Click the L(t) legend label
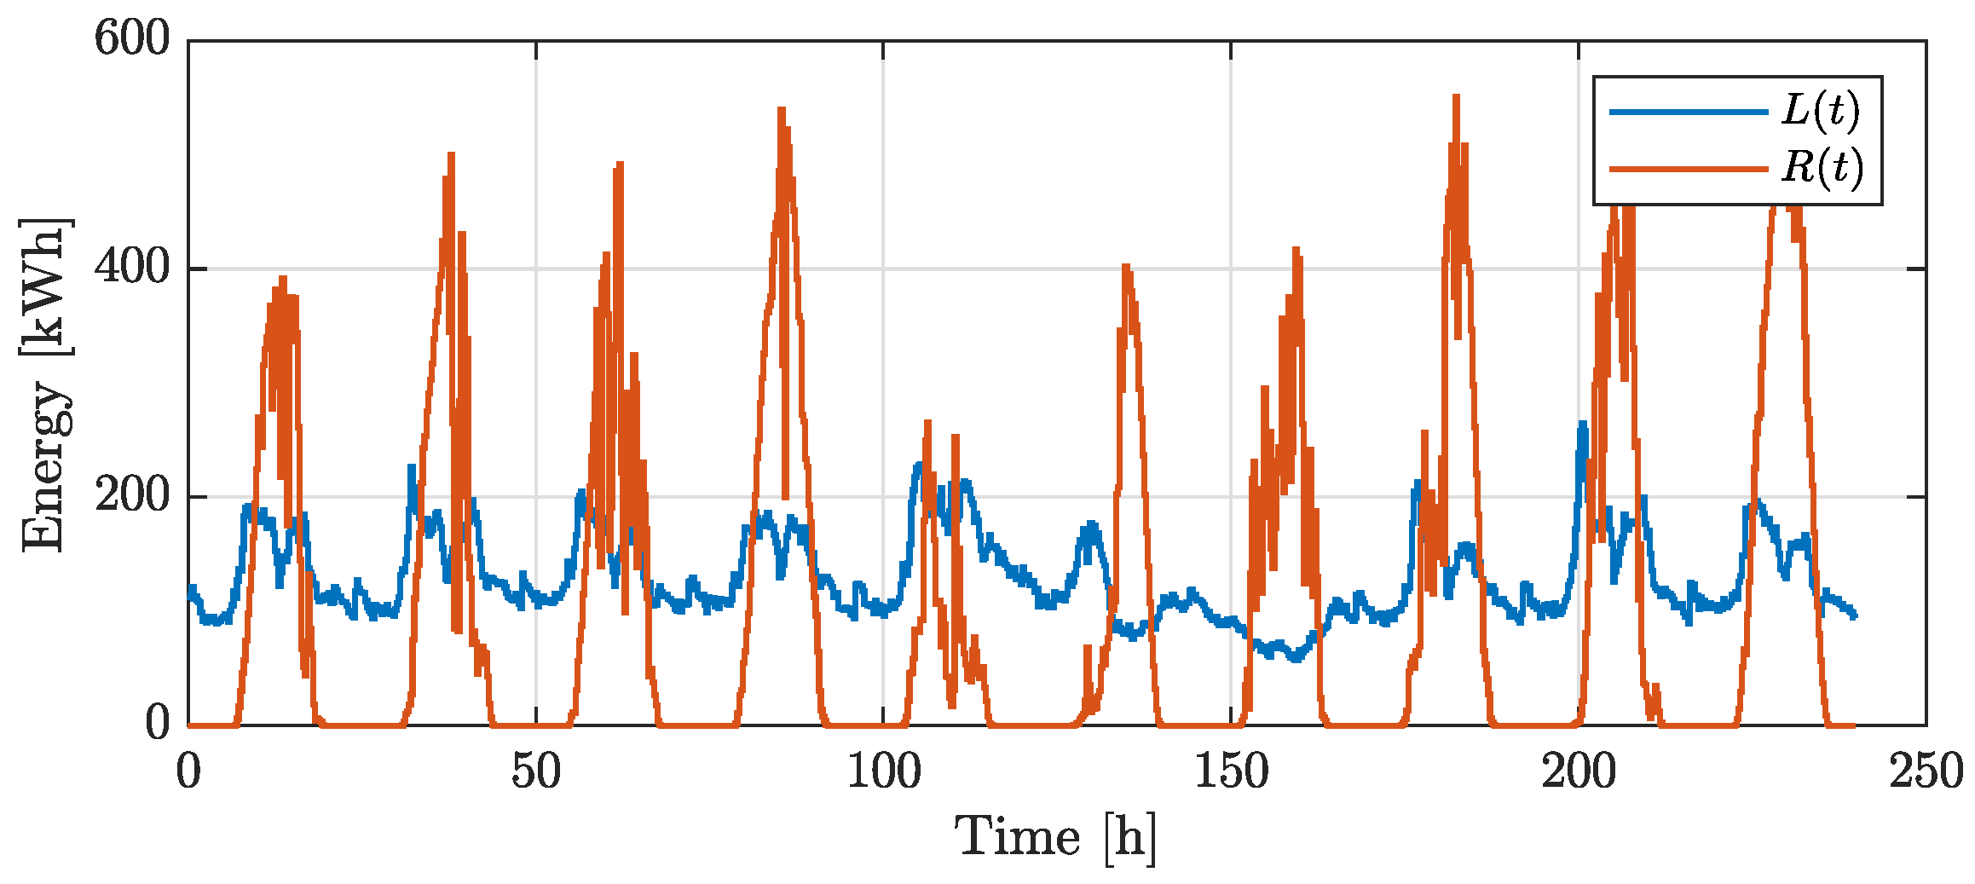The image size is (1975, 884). pos(1820,111)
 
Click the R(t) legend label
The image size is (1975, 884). pos(1822,167)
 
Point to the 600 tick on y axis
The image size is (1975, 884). pos(132,39)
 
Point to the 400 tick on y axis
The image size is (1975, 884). pos(132,268)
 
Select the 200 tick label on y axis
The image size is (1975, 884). pos(132,496)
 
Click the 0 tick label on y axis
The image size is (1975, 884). pos(158,725)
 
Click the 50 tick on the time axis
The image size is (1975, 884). pos(536,772)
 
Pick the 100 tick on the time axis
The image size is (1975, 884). pos(883,772)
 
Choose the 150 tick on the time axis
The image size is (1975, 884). pos(1230,772)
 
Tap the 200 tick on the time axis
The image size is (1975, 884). pos(1578,772)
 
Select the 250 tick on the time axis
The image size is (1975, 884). pos(1925,772)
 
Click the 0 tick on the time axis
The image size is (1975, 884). pos(188,772)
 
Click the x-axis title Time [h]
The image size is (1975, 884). pos(1055,838)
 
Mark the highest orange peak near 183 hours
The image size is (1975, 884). pos(1456,97)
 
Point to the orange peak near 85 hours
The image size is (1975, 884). pos(781,110)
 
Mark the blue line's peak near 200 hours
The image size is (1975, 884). pos(1582,424)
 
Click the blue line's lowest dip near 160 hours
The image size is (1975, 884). pos(1296,658)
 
